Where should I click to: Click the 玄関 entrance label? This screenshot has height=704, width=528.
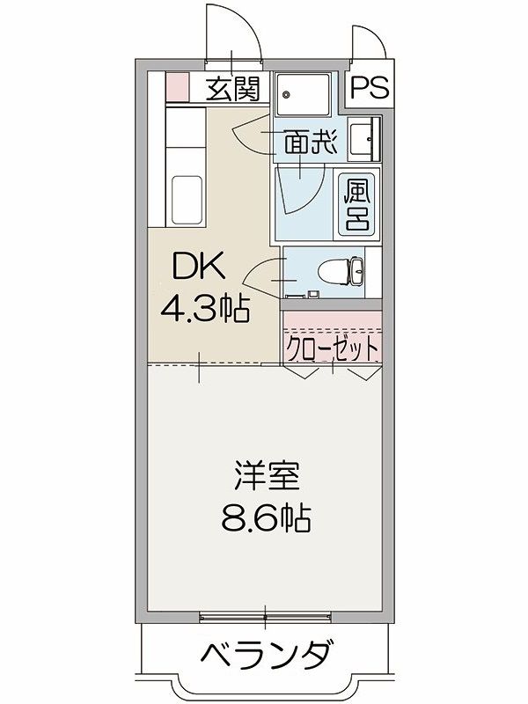233,89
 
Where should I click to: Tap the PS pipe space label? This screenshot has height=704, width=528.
370,87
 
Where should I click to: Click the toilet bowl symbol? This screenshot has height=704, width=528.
342,272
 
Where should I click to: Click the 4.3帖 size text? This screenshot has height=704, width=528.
204,309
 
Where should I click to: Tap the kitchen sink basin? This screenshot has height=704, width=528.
187,200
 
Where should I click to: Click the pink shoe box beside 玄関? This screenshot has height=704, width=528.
176,87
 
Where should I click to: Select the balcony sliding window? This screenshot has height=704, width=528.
266,617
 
